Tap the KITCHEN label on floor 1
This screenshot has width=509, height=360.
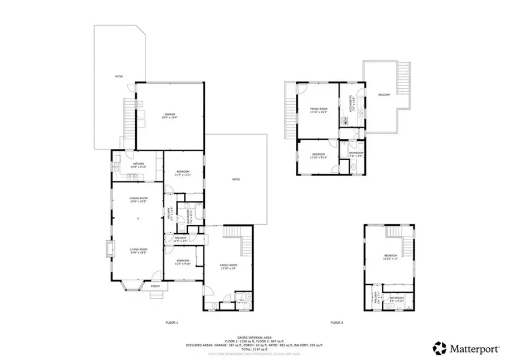(131, 165)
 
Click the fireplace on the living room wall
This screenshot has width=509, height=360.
(108, 249)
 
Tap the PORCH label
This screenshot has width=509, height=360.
(156, 286)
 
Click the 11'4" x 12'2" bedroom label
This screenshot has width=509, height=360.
(183, 173)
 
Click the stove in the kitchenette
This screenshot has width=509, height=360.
(343, 121)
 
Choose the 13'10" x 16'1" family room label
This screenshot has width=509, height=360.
(318, 110)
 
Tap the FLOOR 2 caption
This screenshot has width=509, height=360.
(338, 323)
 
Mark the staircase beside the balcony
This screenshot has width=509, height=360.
(403, 79)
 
